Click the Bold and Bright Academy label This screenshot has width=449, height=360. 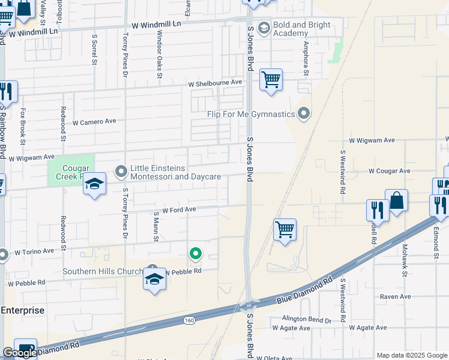coord(299,29)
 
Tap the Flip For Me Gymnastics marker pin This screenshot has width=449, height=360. coord(304,113)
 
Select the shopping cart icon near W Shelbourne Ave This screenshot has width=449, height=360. coord(271,80)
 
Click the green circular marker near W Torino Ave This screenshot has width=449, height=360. coord(195,254)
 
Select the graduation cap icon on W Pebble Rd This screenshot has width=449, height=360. coord(155,280)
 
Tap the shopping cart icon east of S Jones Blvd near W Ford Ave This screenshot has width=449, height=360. coord(285,230)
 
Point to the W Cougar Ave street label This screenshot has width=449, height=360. coord(389,171)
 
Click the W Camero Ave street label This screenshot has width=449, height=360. coord(94,121)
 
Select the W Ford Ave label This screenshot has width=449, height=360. coord(179,210)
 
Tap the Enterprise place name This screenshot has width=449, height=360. coord(22,310)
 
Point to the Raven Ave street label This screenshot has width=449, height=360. coord(395,296)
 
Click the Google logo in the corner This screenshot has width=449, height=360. coord(20,353)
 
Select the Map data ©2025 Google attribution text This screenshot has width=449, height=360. coord(412,355)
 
